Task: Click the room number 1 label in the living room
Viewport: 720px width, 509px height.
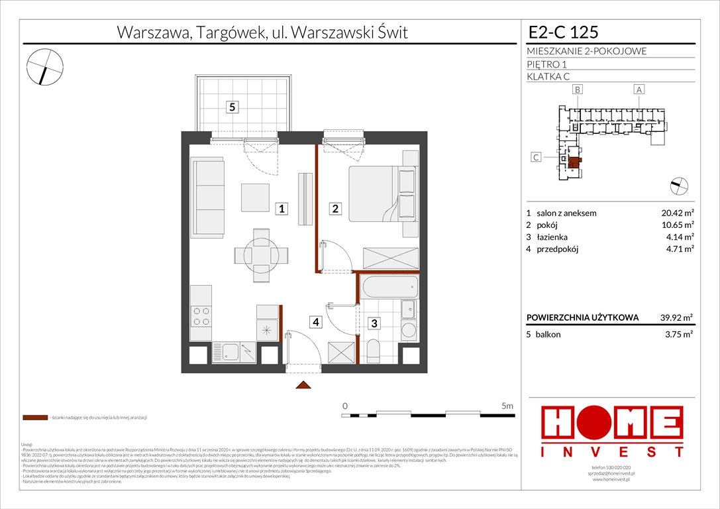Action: point(282,209)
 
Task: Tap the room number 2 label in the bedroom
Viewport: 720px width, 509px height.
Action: point(336,209)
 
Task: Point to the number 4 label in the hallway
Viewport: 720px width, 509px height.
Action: point(317,323)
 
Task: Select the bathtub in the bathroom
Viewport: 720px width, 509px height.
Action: point(388,288)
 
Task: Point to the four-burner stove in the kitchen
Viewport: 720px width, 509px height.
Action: point(201,317)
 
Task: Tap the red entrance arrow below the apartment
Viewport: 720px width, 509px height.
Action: point(303,386)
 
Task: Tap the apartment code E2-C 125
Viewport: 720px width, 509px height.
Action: point(564,32)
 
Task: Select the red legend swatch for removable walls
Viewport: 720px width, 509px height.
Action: point(35,418)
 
